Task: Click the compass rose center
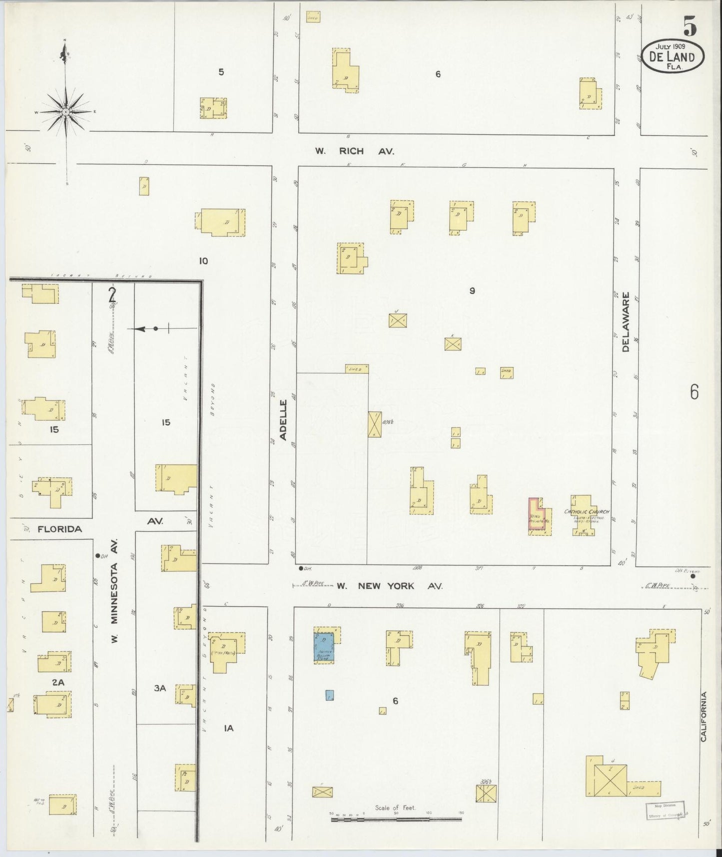click(x=65, y=111)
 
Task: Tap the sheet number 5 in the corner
click(x=690, y=26)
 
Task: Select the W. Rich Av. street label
click(x=358, y=150)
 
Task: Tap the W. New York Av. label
click(x=390, y=585)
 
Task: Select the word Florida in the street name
click(x=59, y=528)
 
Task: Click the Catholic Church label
click(x=587, y=511)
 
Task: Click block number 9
click(x=472, y=290)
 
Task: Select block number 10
click(x=203, y=260)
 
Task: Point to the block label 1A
click(x=228, y=728)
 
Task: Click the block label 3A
click(x=159, y=688)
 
